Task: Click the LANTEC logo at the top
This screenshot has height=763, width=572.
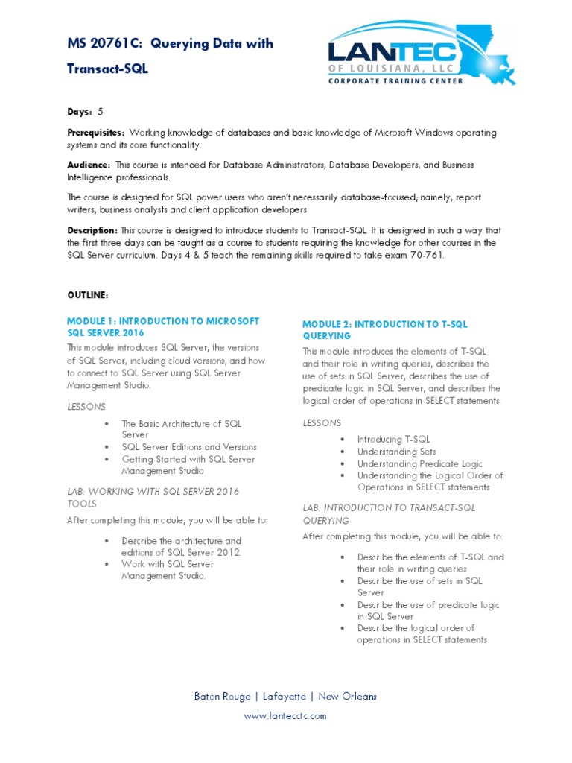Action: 421,55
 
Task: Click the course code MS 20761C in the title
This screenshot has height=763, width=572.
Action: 105,44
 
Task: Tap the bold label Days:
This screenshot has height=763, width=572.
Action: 80,112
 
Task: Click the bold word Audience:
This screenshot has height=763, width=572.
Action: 89,165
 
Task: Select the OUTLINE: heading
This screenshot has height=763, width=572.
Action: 87,296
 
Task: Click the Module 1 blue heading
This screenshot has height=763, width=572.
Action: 162,326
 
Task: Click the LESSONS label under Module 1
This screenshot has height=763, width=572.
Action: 86,406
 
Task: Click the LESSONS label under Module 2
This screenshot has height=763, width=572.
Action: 322,422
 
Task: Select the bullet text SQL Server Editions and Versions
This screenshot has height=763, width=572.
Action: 188,447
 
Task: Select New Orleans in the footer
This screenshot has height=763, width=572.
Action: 348,697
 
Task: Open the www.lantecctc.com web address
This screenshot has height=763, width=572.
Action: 285,716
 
